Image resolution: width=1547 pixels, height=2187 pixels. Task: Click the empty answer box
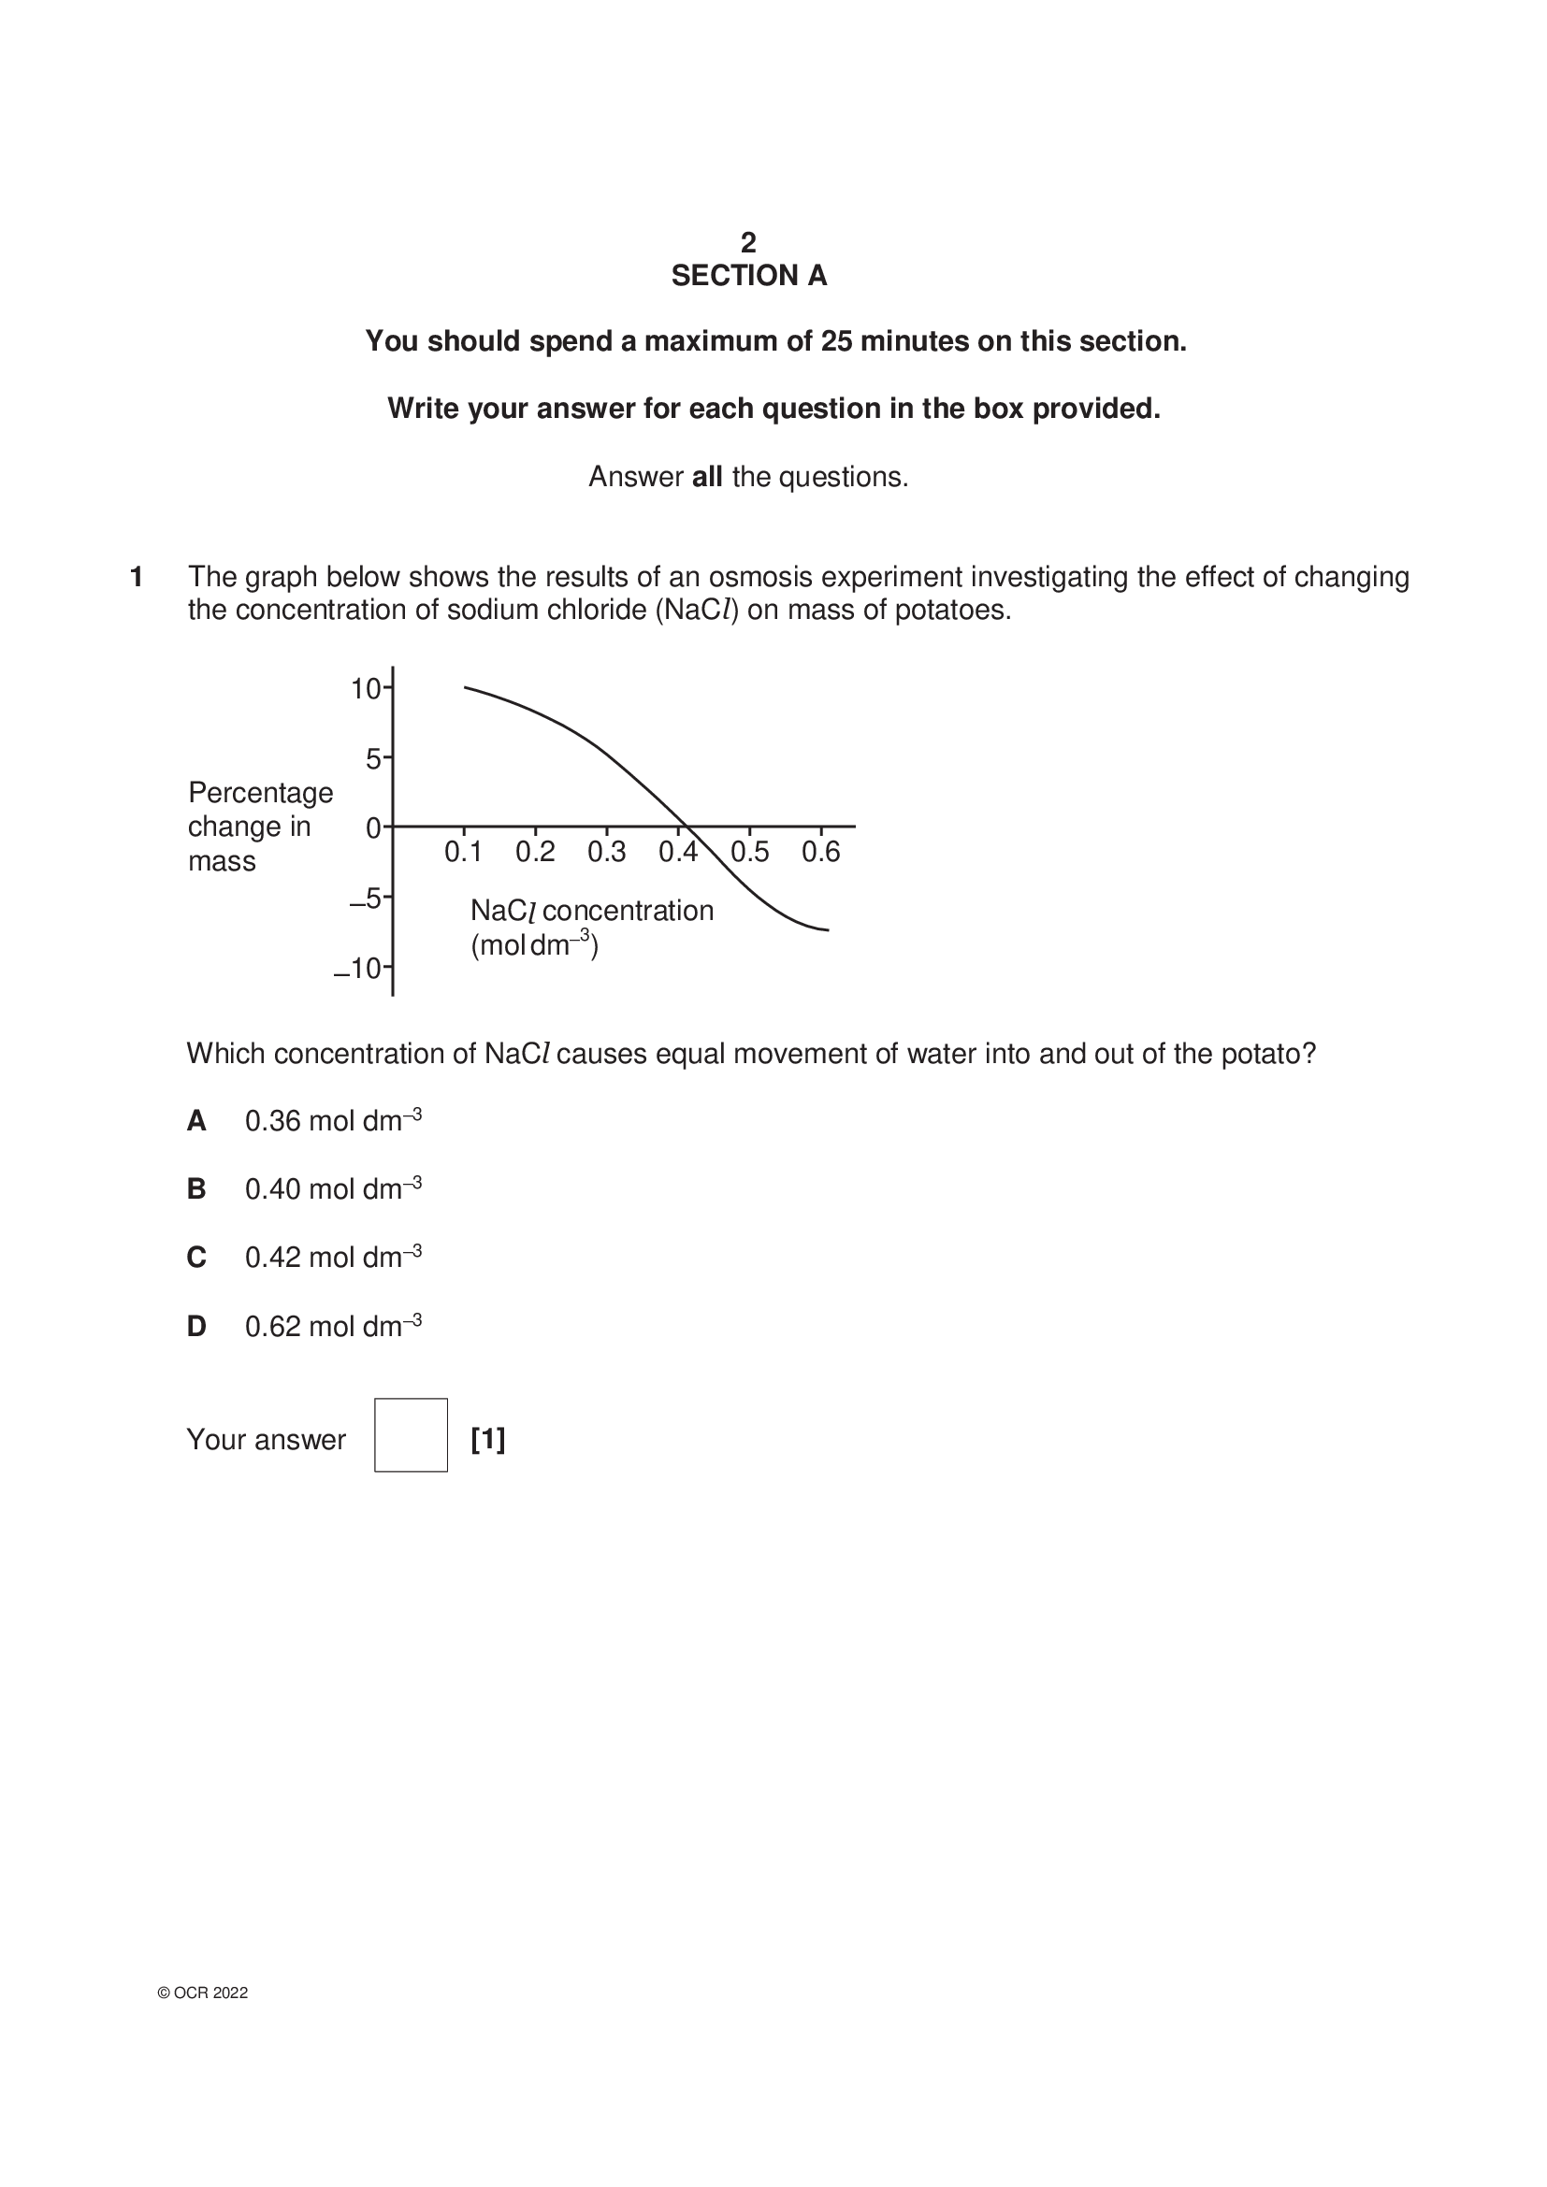pyautogui.click(x=411, y=1434)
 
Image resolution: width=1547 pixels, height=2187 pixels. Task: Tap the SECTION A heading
pyautogui.click(x=749, y=276)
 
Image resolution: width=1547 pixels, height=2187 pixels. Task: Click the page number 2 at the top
pyautogui.click(x=749, y=242)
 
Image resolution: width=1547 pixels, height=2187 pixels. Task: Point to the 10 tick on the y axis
pyautogui.click(x=366, y=689)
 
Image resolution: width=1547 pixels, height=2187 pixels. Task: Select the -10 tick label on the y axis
pyautogui.click(x=358, y=969)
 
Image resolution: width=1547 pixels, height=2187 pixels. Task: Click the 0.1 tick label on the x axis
pyautogui.click(x=463, y=852)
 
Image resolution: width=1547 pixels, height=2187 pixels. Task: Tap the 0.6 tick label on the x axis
pyautogui.click(x=820, y=852)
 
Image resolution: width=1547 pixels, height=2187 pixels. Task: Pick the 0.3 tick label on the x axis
pyautogui.click(x=606, y=852)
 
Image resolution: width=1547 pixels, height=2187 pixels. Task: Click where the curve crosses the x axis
pyautogui.click(x=687, y=826)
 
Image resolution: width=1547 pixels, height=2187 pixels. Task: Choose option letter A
pyautogui.click(x=196, y=1121)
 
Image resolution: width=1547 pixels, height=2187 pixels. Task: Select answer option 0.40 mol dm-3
pyautogui.click(x=332, y=1188)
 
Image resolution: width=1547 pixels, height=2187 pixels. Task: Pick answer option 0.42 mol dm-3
pyautogui.click(x=332, y=1258)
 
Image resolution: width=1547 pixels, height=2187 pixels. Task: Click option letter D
pyautogui.click(x=196, y=1326)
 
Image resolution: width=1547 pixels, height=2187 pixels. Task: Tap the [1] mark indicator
pyautogui.click(x=487, y=1438)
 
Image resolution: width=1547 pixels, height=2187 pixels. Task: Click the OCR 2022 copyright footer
pyautogui.click(x=203, y=1993)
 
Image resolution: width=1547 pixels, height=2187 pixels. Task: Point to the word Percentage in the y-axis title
pyautogui.click(x=260, y=793)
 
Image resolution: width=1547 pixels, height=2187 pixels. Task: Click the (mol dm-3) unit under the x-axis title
pyautogui.click(x=534, y=945)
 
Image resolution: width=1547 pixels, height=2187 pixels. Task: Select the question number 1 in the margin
pyautogui.click(x=137, y=577)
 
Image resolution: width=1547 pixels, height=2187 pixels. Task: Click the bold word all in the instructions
pyautogui.click(x=707, y=477)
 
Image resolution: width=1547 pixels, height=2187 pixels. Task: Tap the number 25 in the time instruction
pyautogui.click(x=836, y=341)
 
